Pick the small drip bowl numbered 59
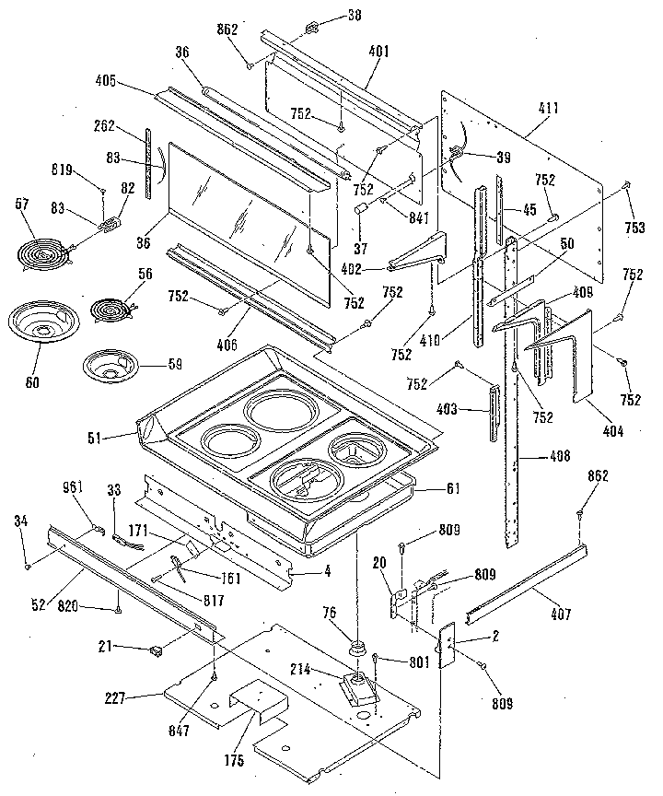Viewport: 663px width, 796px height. (x=110, y=366)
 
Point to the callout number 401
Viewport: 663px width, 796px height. (x=378, y=53)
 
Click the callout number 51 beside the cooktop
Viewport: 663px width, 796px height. (x=121, y=438)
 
